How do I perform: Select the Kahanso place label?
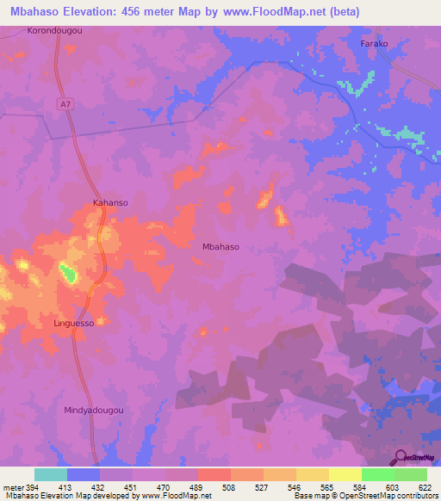pos(110,203)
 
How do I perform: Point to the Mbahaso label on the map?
pos(220,246)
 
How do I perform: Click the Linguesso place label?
pos(73,323)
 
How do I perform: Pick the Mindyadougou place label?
pos(95,411)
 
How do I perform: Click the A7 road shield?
pos(65,103)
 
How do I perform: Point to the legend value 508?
pos(228,486)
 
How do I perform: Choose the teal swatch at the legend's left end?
pos(51,474)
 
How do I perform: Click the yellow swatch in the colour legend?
pos(345,474)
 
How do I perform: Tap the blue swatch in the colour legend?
pos(84,474)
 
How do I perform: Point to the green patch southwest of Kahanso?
pos(67,275)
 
